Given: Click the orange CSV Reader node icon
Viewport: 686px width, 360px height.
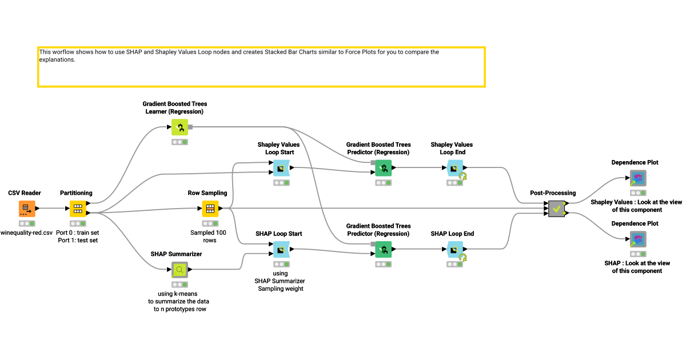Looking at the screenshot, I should coord(27,209).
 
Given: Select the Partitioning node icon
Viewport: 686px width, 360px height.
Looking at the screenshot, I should coord(78,209).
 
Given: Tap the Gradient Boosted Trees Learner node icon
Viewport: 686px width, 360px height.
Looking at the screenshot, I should coord(180,127).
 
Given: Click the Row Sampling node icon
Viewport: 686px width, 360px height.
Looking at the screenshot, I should coord(210,209).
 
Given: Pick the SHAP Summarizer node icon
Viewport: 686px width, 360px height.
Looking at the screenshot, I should coord(180,270).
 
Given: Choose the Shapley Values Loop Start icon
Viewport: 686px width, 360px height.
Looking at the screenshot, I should coord(280,168).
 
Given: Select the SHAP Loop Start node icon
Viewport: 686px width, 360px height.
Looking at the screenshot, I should coord(280,250).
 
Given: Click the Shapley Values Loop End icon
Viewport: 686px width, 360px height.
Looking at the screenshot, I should coord(454,168).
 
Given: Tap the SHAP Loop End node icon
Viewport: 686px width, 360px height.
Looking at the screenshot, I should coord(454,250).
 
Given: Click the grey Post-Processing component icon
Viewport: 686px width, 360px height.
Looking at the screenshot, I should coord(556,209).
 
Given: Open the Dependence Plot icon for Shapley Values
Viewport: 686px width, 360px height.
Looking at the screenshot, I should coord(638,178).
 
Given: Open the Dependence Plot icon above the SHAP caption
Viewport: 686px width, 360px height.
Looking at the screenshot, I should coord(638,239).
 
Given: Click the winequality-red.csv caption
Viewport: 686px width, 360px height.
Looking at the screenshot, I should coord(27,233).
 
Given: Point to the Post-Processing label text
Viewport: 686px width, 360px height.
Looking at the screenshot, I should coord(553,193).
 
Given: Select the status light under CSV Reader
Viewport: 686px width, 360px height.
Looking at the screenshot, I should coord(27,223).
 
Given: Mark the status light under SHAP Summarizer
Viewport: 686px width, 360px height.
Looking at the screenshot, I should coord(180,284).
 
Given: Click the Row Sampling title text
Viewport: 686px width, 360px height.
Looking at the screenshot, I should coord(208,193).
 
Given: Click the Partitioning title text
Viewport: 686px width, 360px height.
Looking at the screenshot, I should coord(76,193).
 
